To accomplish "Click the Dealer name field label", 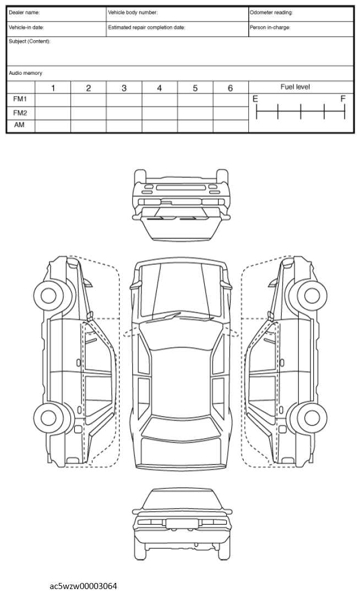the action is (24, 13).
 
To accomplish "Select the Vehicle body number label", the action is (133, 13).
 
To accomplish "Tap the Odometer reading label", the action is (271, 13).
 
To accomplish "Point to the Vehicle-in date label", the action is (26, 28).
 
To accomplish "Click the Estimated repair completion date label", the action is (146, 28).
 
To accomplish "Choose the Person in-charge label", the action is (270, 28).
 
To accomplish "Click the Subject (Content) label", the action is (30, 42).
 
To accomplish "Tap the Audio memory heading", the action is (25, 73).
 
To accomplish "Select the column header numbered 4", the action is (160, 88).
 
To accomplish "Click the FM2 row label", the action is (20, 113).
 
